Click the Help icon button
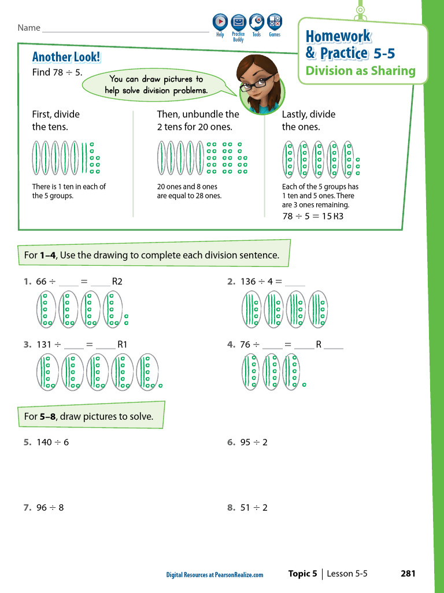(x=220, y=22)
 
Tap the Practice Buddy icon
(x=238, y=23)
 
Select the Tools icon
(x=257, y=22)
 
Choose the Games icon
(x=275, y=22)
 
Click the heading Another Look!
(x=66, y=57)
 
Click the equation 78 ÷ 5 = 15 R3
(x=313, y=217)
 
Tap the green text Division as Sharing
(x=361, y=71)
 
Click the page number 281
(x=408, y=573)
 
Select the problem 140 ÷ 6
(x=53, y=442)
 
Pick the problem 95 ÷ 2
(x=254, y=442)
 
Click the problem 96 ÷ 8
(x=50, y=507)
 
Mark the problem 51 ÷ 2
(x=254, y=507)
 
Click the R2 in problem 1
(x=117, y=281)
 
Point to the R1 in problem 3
(x=123, y=345)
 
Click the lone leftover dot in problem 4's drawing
(x=304, y=385)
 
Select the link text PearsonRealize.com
(x=239, y=575)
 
